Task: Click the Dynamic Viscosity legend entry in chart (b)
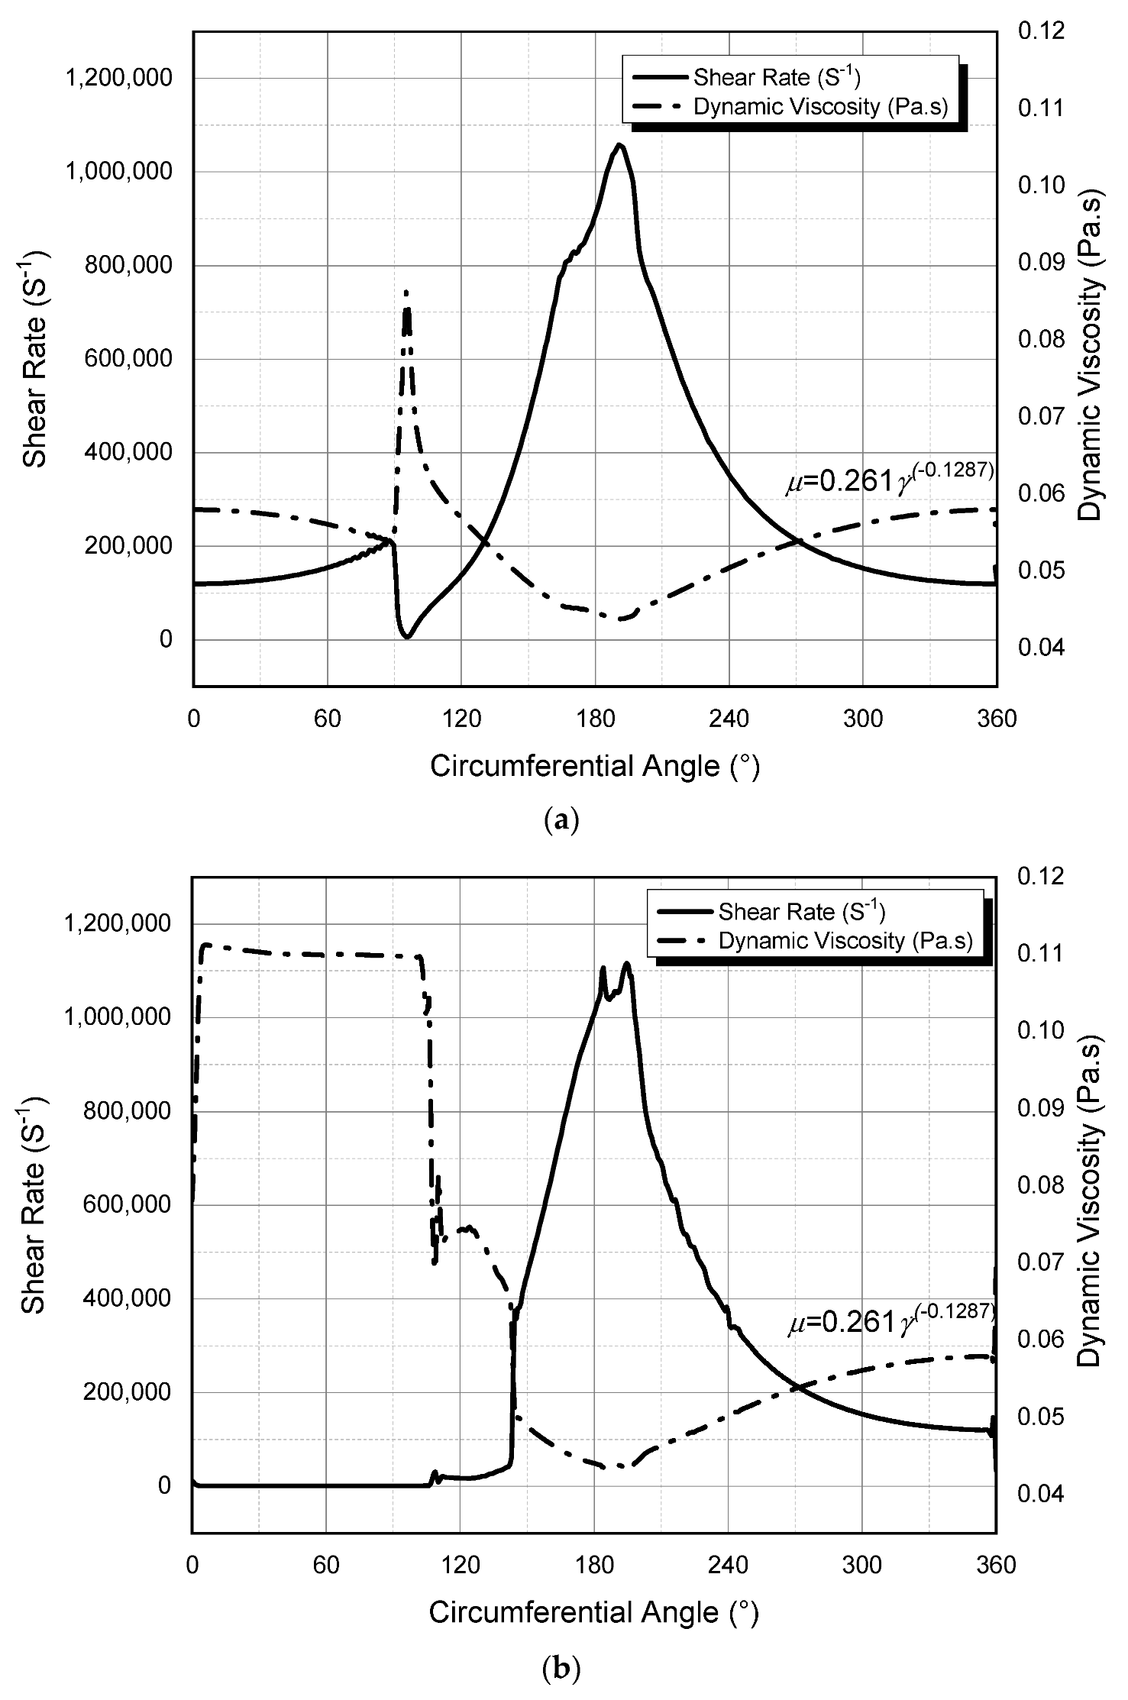point(845,940)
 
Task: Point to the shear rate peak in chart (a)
point(619,144)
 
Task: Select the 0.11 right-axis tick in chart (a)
point(1040,108)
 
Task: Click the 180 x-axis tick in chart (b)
point(594,1565)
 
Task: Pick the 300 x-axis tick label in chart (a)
point(863,719)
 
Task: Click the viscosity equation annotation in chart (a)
point(890,480)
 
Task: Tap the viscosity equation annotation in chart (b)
point(891,1321)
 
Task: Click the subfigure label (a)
point(564,820)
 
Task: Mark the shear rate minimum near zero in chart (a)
point(407,636)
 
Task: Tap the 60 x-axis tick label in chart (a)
point(327,719)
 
